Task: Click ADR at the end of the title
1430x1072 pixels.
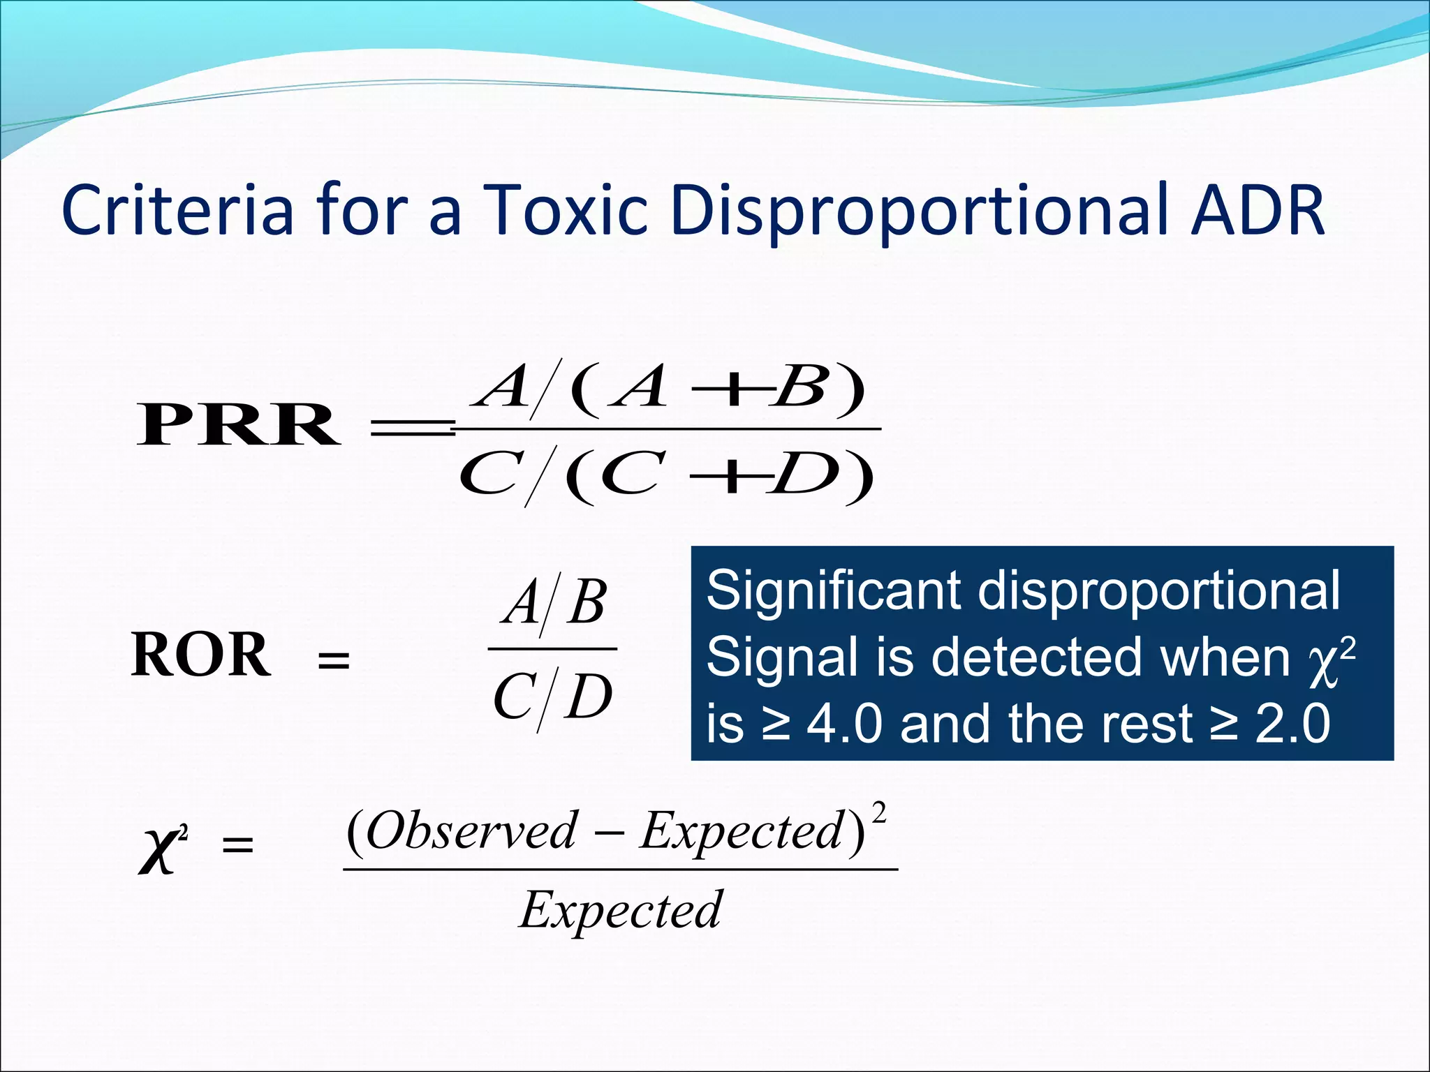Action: [1257, 209]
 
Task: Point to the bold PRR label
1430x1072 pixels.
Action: [238, 425]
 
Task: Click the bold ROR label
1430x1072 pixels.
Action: [200, 655]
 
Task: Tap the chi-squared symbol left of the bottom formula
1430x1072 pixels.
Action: [161, 849]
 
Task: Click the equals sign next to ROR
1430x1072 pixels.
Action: [334, 660]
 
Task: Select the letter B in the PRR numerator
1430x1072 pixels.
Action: [801, 388]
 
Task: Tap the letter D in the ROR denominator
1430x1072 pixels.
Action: [589, 697]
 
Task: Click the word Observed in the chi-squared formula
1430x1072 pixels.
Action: [472, 831]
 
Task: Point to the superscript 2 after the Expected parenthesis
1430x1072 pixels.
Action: [879, 814]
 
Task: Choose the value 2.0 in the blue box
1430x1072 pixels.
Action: [1292, 724]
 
